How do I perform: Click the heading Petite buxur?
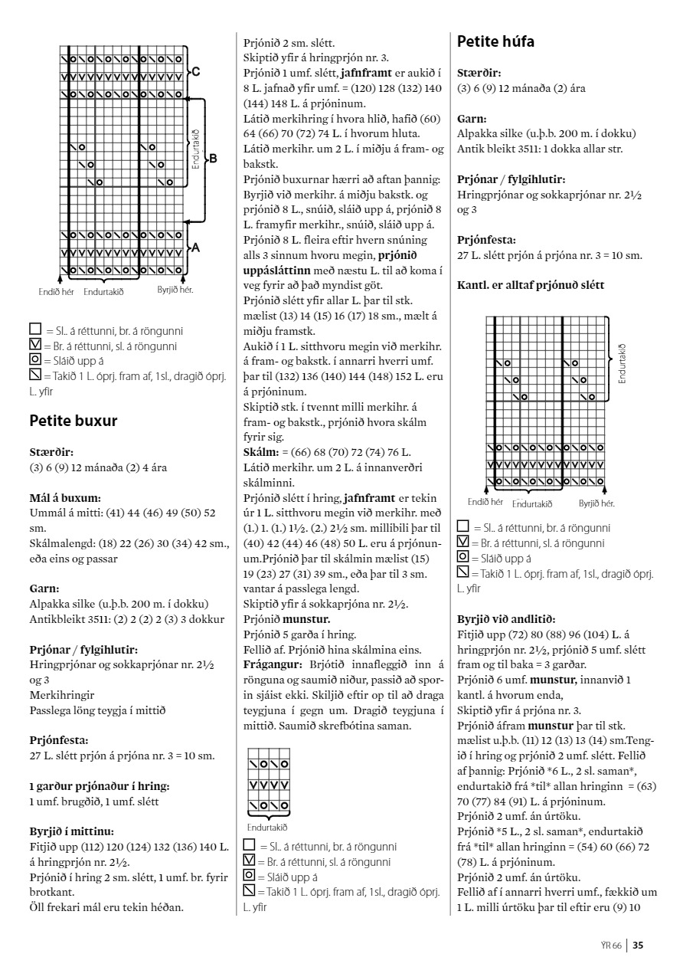[x=72, y=420]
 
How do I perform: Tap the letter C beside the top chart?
[x=197, y=71]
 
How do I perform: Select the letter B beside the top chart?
[x=213, y=159]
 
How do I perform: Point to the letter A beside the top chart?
[x=197, y=247]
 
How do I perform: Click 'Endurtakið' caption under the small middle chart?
[x=267, y=828]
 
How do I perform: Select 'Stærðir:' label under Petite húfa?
[x=479, y=73]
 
